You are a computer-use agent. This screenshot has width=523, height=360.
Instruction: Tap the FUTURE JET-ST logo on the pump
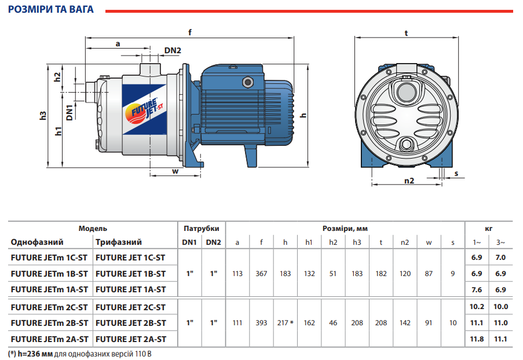click(140, 110)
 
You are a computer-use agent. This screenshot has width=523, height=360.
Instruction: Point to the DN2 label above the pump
click(173, 50)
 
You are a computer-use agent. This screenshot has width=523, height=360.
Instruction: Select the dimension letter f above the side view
click(189, 32)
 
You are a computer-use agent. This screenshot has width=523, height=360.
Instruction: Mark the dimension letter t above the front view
click(406, 33)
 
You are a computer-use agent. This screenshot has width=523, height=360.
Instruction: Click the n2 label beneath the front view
click(409, 181)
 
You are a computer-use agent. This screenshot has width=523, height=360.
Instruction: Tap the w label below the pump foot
click(174, 171)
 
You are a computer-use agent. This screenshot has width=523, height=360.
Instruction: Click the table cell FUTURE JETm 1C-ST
click(49, 258)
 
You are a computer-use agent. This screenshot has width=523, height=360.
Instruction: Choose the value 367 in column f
click(261, 273)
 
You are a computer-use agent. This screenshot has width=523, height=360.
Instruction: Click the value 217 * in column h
click(286, 322)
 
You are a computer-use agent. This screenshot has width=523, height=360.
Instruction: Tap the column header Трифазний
click(119, 242)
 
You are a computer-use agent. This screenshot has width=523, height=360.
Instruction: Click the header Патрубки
click(201, 228)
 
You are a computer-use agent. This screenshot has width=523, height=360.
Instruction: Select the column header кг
click(489, 228)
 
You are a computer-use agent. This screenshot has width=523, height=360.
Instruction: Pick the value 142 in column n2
click(405, 322)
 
